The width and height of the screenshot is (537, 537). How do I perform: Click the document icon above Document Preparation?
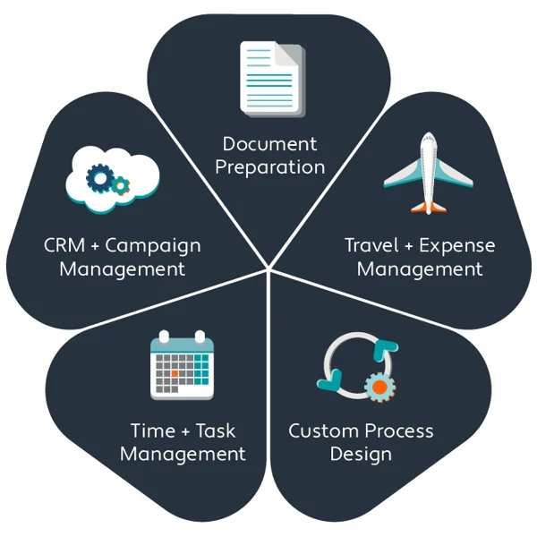tap(271, 78)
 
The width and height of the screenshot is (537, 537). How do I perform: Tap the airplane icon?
tap(427, 174)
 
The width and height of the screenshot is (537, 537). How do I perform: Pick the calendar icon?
tap(182, 364)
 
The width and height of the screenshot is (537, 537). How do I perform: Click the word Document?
tap(269, 144)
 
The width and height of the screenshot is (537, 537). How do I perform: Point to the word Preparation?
tap(269, 167)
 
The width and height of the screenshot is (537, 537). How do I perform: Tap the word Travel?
tap(374, 245)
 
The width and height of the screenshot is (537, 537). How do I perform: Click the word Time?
tap(151, 430)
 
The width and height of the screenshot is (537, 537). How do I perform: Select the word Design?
tap(361, 454)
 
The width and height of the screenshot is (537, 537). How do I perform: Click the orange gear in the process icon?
tap(380, 388)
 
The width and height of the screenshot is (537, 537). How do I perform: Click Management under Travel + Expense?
tap(420, 268)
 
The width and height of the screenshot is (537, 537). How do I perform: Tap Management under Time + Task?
tap(183, 454)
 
